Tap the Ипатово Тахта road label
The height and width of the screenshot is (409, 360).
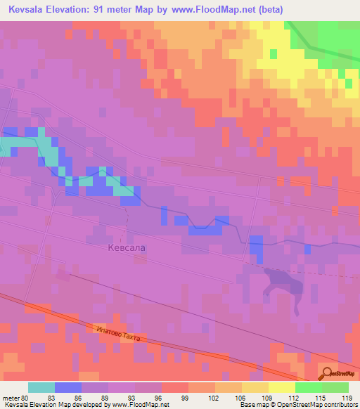point(117,334)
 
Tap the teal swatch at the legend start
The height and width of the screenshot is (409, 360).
point(41,387)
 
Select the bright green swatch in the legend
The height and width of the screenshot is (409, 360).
point(309,387)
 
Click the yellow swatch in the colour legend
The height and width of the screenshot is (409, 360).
point(282,387)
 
